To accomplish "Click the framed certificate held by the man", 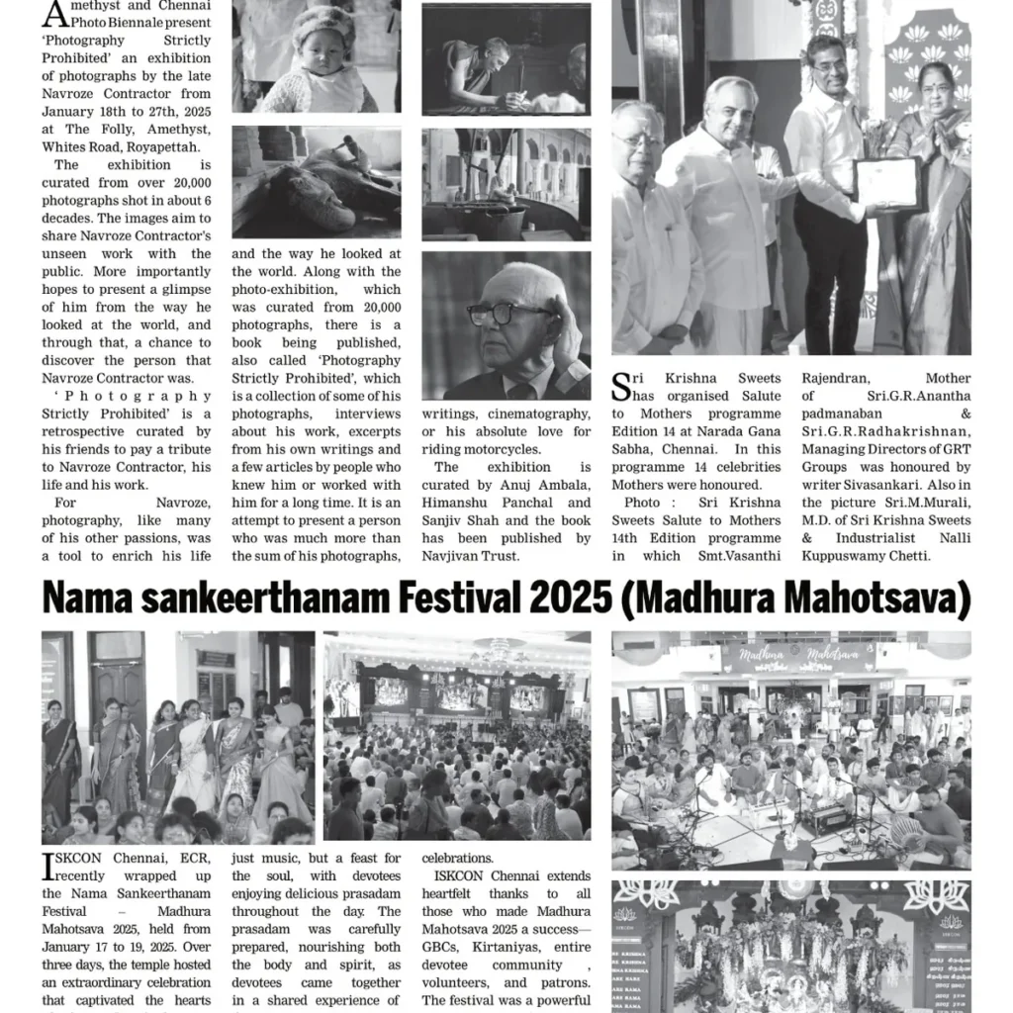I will [x=887, y=183].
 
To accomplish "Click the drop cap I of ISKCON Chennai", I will [x=48, y=867].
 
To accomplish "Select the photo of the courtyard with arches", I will [x=506, y=184].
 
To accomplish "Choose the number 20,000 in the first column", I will [x=185, y=182].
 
